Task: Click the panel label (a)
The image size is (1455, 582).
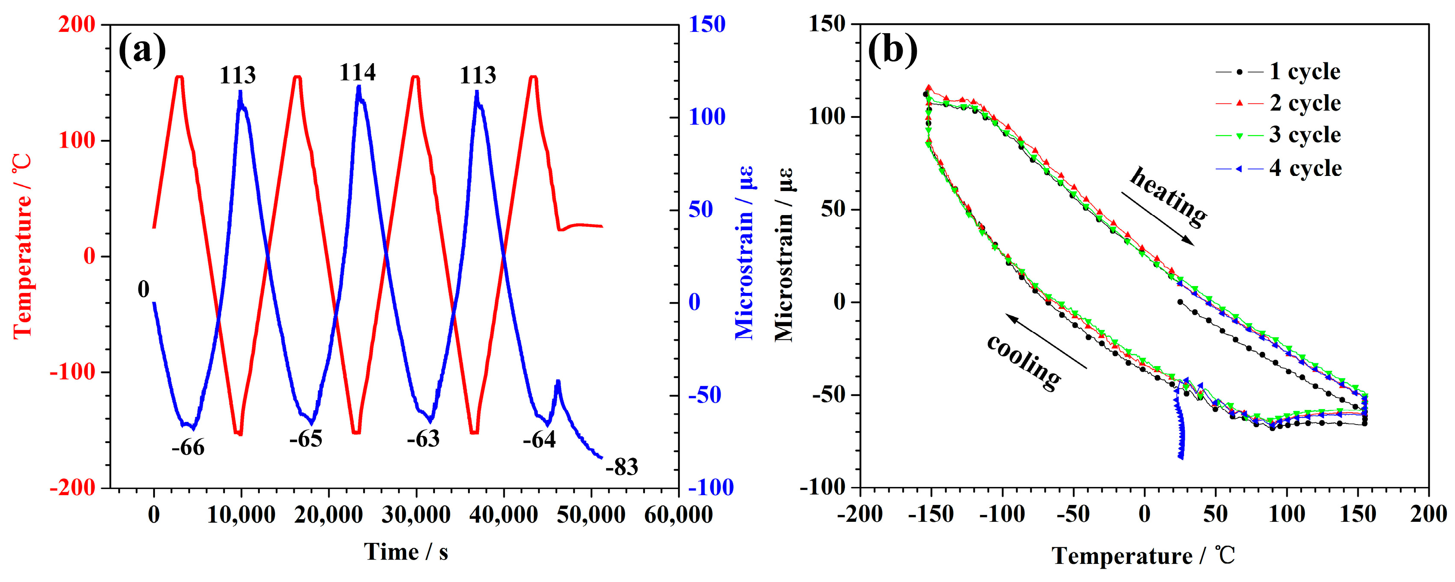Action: (x=142, y=50)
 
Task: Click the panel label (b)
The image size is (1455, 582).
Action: (x=892, y=50)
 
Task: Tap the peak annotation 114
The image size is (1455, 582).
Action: (x=357, y=73)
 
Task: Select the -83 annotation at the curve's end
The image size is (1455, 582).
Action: (x=621, y=468)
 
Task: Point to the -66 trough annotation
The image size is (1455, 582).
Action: (x=188, y=448)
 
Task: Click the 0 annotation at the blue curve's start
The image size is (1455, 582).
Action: (x=143, y=290)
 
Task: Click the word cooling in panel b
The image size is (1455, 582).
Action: (x=1023, y=362)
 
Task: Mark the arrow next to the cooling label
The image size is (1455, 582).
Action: (x=1045, y=342)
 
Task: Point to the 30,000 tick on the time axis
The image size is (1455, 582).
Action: (x=416, y=515)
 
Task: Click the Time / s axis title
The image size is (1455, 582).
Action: (x=406, y=552)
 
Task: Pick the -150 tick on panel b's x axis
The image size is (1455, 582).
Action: (x=931, y=515)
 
